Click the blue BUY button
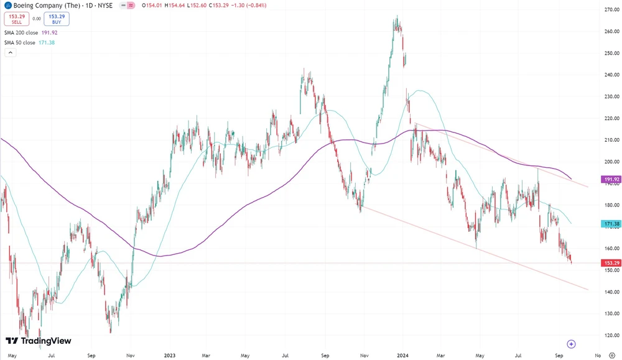click(x=57, y=19)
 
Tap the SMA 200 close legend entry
click(x=29, y=32)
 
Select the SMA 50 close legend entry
click(x=28, y=42)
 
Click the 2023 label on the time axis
click(x=170, y=356)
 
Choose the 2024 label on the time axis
click(x=402, y=356)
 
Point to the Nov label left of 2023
click(x=130, y=356)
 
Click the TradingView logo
click(x=39, y=341)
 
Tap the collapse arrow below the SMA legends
click(x=11, y=53)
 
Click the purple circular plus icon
click(x=571, y=344)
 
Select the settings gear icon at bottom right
click(x=612, y=356)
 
